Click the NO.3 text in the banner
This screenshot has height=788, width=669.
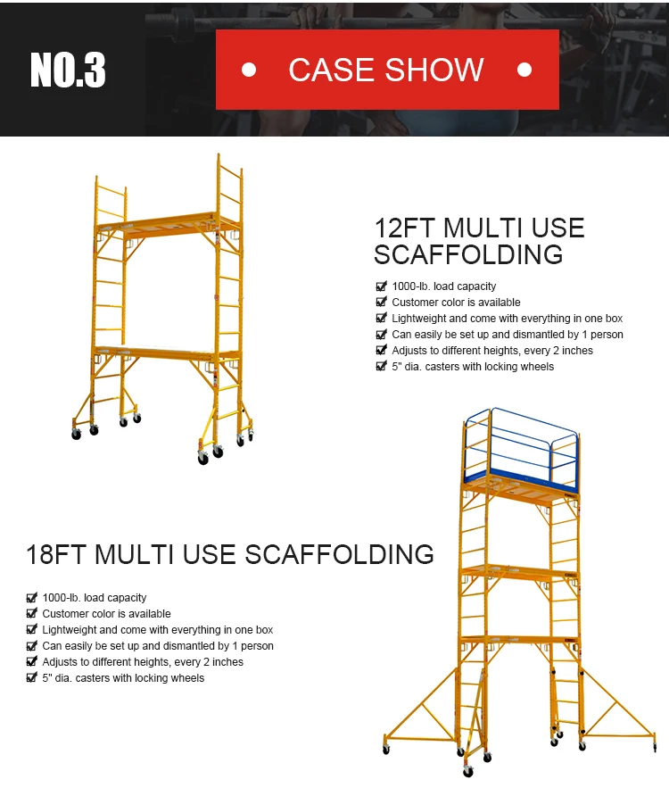[68, 70]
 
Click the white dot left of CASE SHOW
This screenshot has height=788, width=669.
[249, 70]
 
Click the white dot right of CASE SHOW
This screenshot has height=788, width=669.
[524, 70]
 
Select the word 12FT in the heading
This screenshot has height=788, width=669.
[404, 228]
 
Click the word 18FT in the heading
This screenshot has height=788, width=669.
[55, 554]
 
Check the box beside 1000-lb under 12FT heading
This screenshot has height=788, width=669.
[381, 286]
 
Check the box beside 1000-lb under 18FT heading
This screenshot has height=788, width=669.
[31, 598]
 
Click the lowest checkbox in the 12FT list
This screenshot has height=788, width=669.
[381, 367]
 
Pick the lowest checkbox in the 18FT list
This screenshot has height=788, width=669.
[31, 678]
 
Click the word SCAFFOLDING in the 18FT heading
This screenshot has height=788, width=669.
[340, 554]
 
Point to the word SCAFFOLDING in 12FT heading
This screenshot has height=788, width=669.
[468, 254]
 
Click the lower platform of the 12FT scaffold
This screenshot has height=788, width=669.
[167, 352]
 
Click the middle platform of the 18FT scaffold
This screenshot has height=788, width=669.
[520, 571]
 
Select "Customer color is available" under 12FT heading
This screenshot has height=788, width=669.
[456, 302]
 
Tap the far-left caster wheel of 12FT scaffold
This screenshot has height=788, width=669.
[77, 435]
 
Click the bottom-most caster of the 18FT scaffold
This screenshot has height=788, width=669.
[468, 772]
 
